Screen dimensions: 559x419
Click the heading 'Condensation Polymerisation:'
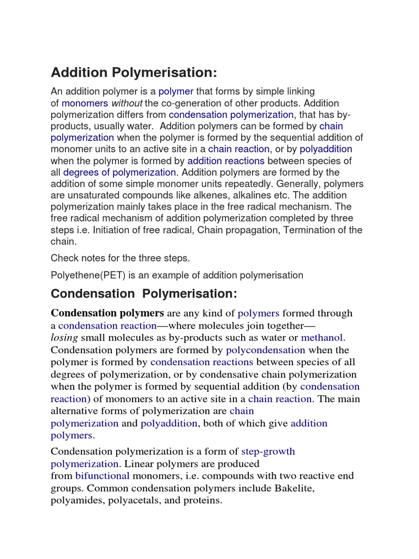pos(144,294)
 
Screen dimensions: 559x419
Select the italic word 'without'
pos(127,103)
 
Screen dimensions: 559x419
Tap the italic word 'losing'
pos(64,337)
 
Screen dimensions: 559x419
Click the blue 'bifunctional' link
pos(102,475)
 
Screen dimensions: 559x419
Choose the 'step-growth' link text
pos(268,451)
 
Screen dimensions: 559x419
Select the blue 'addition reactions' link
pos(226,160)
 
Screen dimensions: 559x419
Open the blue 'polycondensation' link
pos(265,350)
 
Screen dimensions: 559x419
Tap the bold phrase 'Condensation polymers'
pos(107,313)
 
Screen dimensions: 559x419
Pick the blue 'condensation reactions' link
pos(202,362)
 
